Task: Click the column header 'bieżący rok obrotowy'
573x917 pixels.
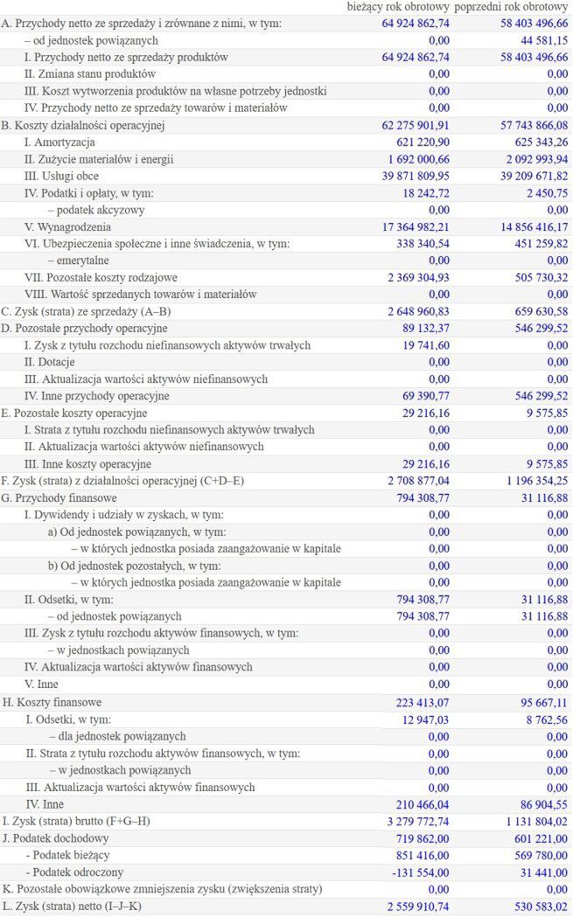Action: point(399,7)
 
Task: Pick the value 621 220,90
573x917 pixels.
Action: point(418,142)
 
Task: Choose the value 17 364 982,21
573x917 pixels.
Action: point(411,226)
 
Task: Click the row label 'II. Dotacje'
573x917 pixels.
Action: point(50,362)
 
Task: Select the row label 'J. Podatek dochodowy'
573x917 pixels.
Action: point(52,837)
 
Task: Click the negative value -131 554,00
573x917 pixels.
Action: point(419,872)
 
